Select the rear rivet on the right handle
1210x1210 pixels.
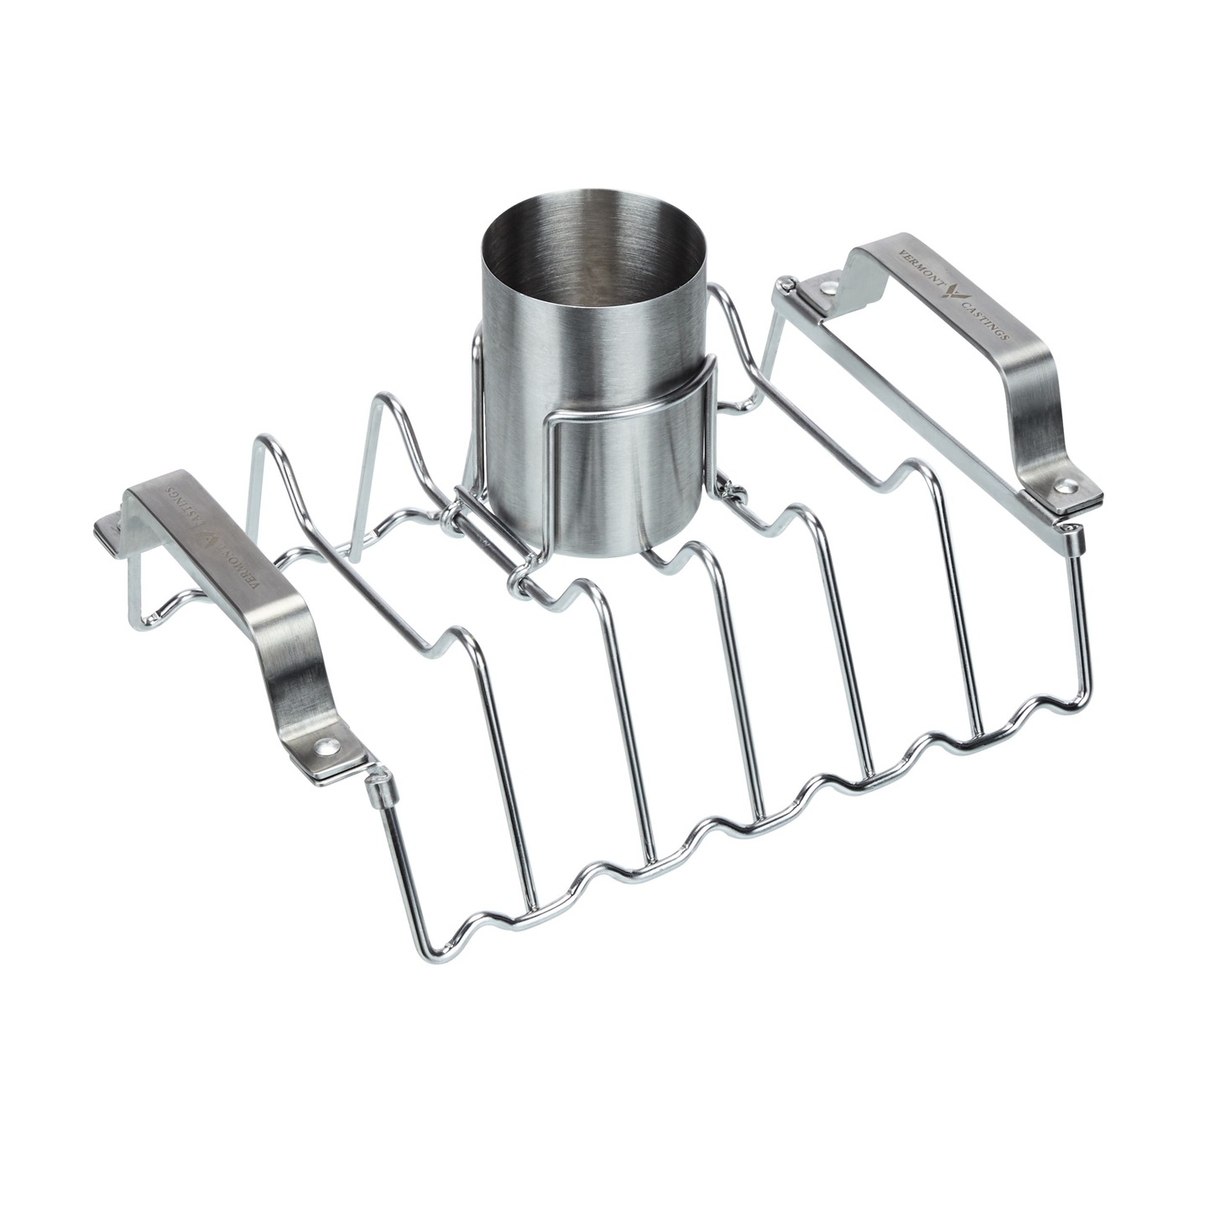pos(829,288)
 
